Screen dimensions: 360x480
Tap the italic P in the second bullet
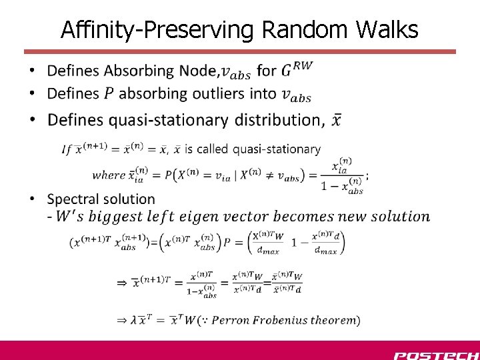pos(109,94)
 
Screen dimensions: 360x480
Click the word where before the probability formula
pos(108,175)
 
